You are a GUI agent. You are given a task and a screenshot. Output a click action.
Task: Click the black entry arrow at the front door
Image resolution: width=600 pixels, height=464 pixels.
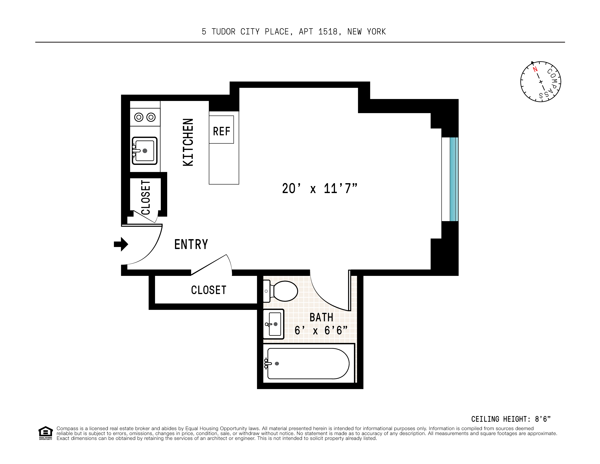[121, 244]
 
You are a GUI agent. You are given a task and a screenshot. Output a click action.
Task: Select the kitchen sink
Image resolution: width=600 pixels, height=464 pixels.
[145, 151]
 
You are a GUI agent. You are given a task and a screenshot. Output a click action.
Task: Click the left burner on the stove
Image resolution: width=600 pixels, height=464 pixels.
[139, 117]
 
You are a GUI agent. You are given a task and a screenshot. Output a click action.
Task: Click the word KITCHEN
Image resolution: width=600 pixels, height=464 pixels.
[188, 142]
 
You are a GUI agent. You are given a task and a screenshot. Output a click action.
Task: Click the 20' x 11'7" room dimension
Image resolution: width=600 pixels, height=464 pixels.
[320, 189]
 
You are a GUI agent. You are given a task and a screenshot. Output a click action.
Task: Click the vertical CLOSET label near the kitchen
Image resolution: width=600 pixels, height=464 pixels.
[146, 197]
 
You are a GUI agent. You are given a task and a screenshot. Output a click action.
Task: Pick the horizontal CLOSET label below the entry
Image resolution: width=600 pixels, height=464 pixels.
[209, 290]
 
